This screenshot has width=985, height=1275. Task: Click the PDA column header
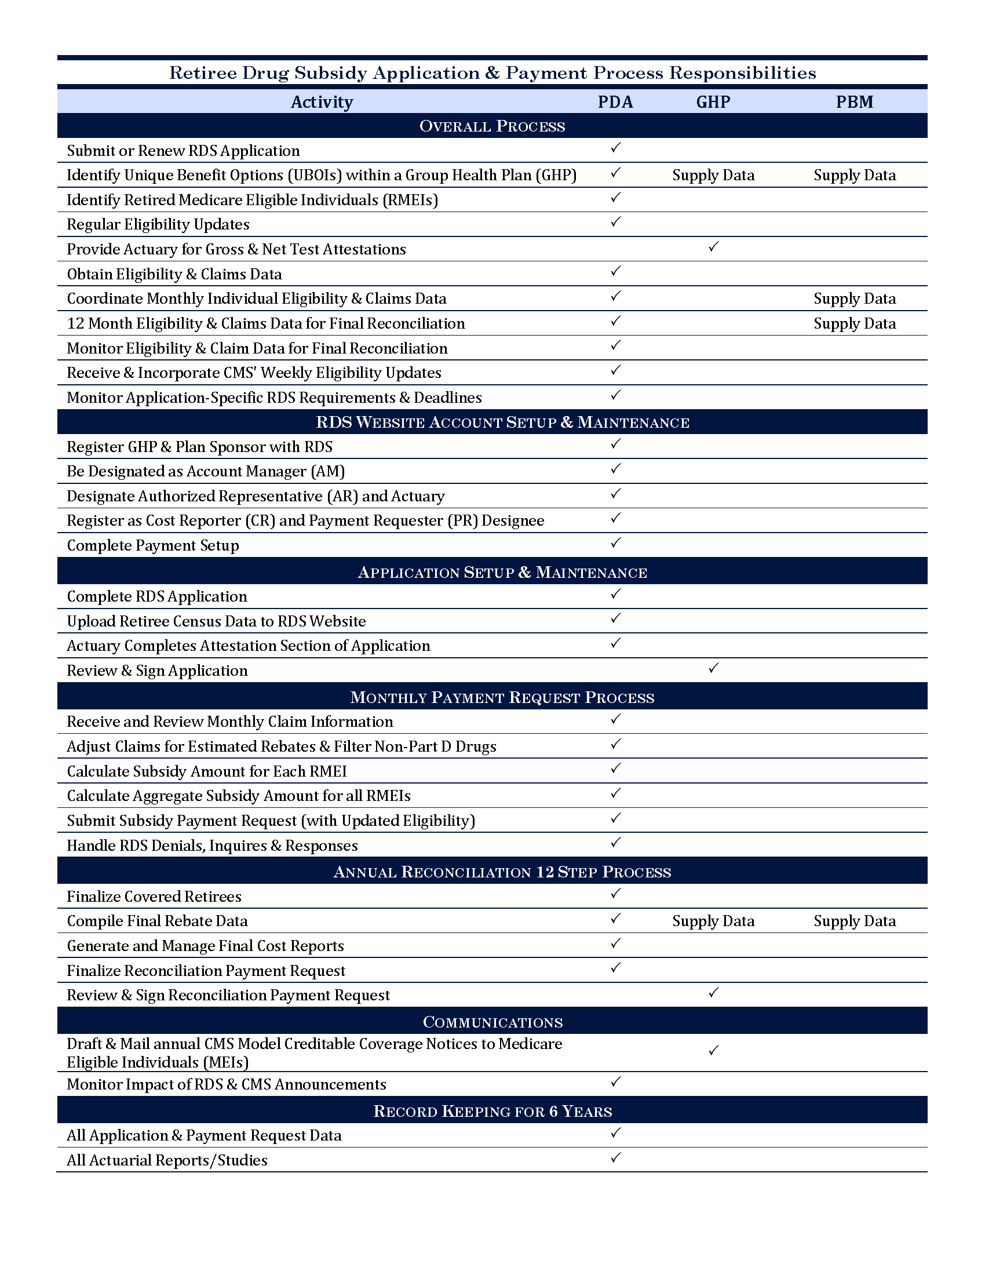(x=615, y=101)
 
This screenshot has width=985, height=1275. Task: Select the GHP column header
(x=713, y=101)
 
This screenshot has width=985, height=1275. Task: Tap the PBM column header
(x=854, y=101)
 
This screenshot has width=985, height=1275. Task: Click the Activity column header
(x=322, y=101)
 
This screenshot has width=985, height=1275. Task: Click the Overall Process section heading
(x=492, y=126)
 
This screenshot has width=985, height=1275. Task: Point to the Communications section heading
(x=492, y=1022)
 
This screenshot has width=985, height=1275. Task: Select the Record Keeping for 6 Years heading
(x=492, y=1111)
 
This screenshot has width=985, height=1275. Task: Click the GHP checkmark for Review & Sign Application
(x=713, y=668)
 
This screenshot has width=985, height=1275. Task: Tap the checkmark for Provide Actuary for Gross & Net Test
(x=713, y=247)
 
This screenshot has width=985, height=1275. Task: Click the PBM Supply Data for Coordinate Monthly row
(x=854, y=298)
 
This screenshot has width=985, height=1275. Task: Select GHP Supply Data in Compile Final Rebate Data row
(x=713, y=921)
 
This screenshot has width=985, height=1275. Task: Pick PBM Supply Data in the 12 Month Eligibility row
(x=854, y=323)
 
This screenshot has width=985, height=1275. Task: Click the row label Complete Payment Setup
(x=153, y=545)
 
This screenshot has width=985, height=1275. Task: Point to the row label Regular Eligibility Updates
(x=158, y=224)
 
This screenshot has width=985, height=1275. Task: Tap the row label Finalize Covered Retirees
(x=154, y=896)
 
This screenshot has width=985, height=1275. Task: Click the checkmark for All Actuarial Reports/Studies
(x=615, y=1157)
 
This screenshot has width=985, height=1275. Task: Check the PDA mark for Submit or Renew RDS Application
(x=615, y=148)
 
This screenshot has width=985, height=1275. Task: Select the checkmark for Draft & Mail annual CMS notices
(x=713, y=1051)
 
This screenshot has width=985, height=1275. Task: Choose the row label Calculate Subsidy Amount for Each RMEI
(x=207, y=771)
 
